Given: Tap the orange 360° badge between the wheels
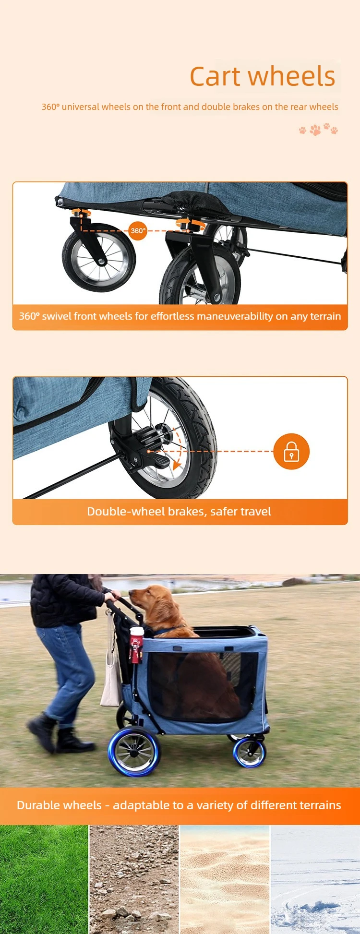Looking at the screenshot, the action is (x=138, y=231).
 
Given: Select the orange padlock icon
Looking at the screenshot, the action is (x=291, y=451).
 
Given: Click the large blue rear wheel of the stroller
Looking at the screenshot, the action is (x=134, y=751).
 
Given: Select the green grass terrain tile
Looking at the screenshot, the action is (x=44, y=879).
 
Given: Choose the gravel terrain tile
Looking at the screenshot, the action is (x=134, y=879).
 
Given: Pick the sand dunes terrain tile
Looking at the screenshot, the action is (x=225, y=879).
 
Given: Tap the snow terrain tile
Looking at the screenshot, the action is (x=315, y=879).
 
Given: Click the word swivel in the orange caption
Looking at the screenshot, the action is (x=56, y=316).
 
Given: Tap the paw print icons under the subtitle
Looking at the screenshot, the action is (x=318, y=129).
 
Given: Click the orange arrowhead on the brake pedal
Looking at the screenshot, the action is (x=177, y=465).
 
